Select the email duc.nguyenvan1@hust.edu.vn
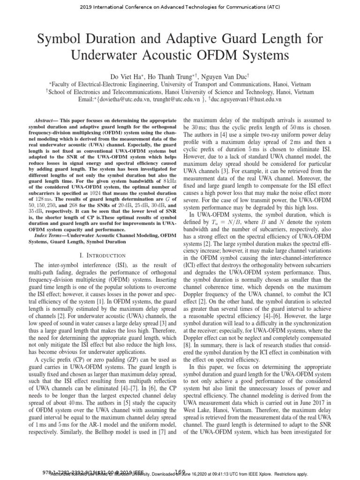tap(246, 99)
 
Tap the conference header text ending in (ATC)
tap(180, 6)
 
